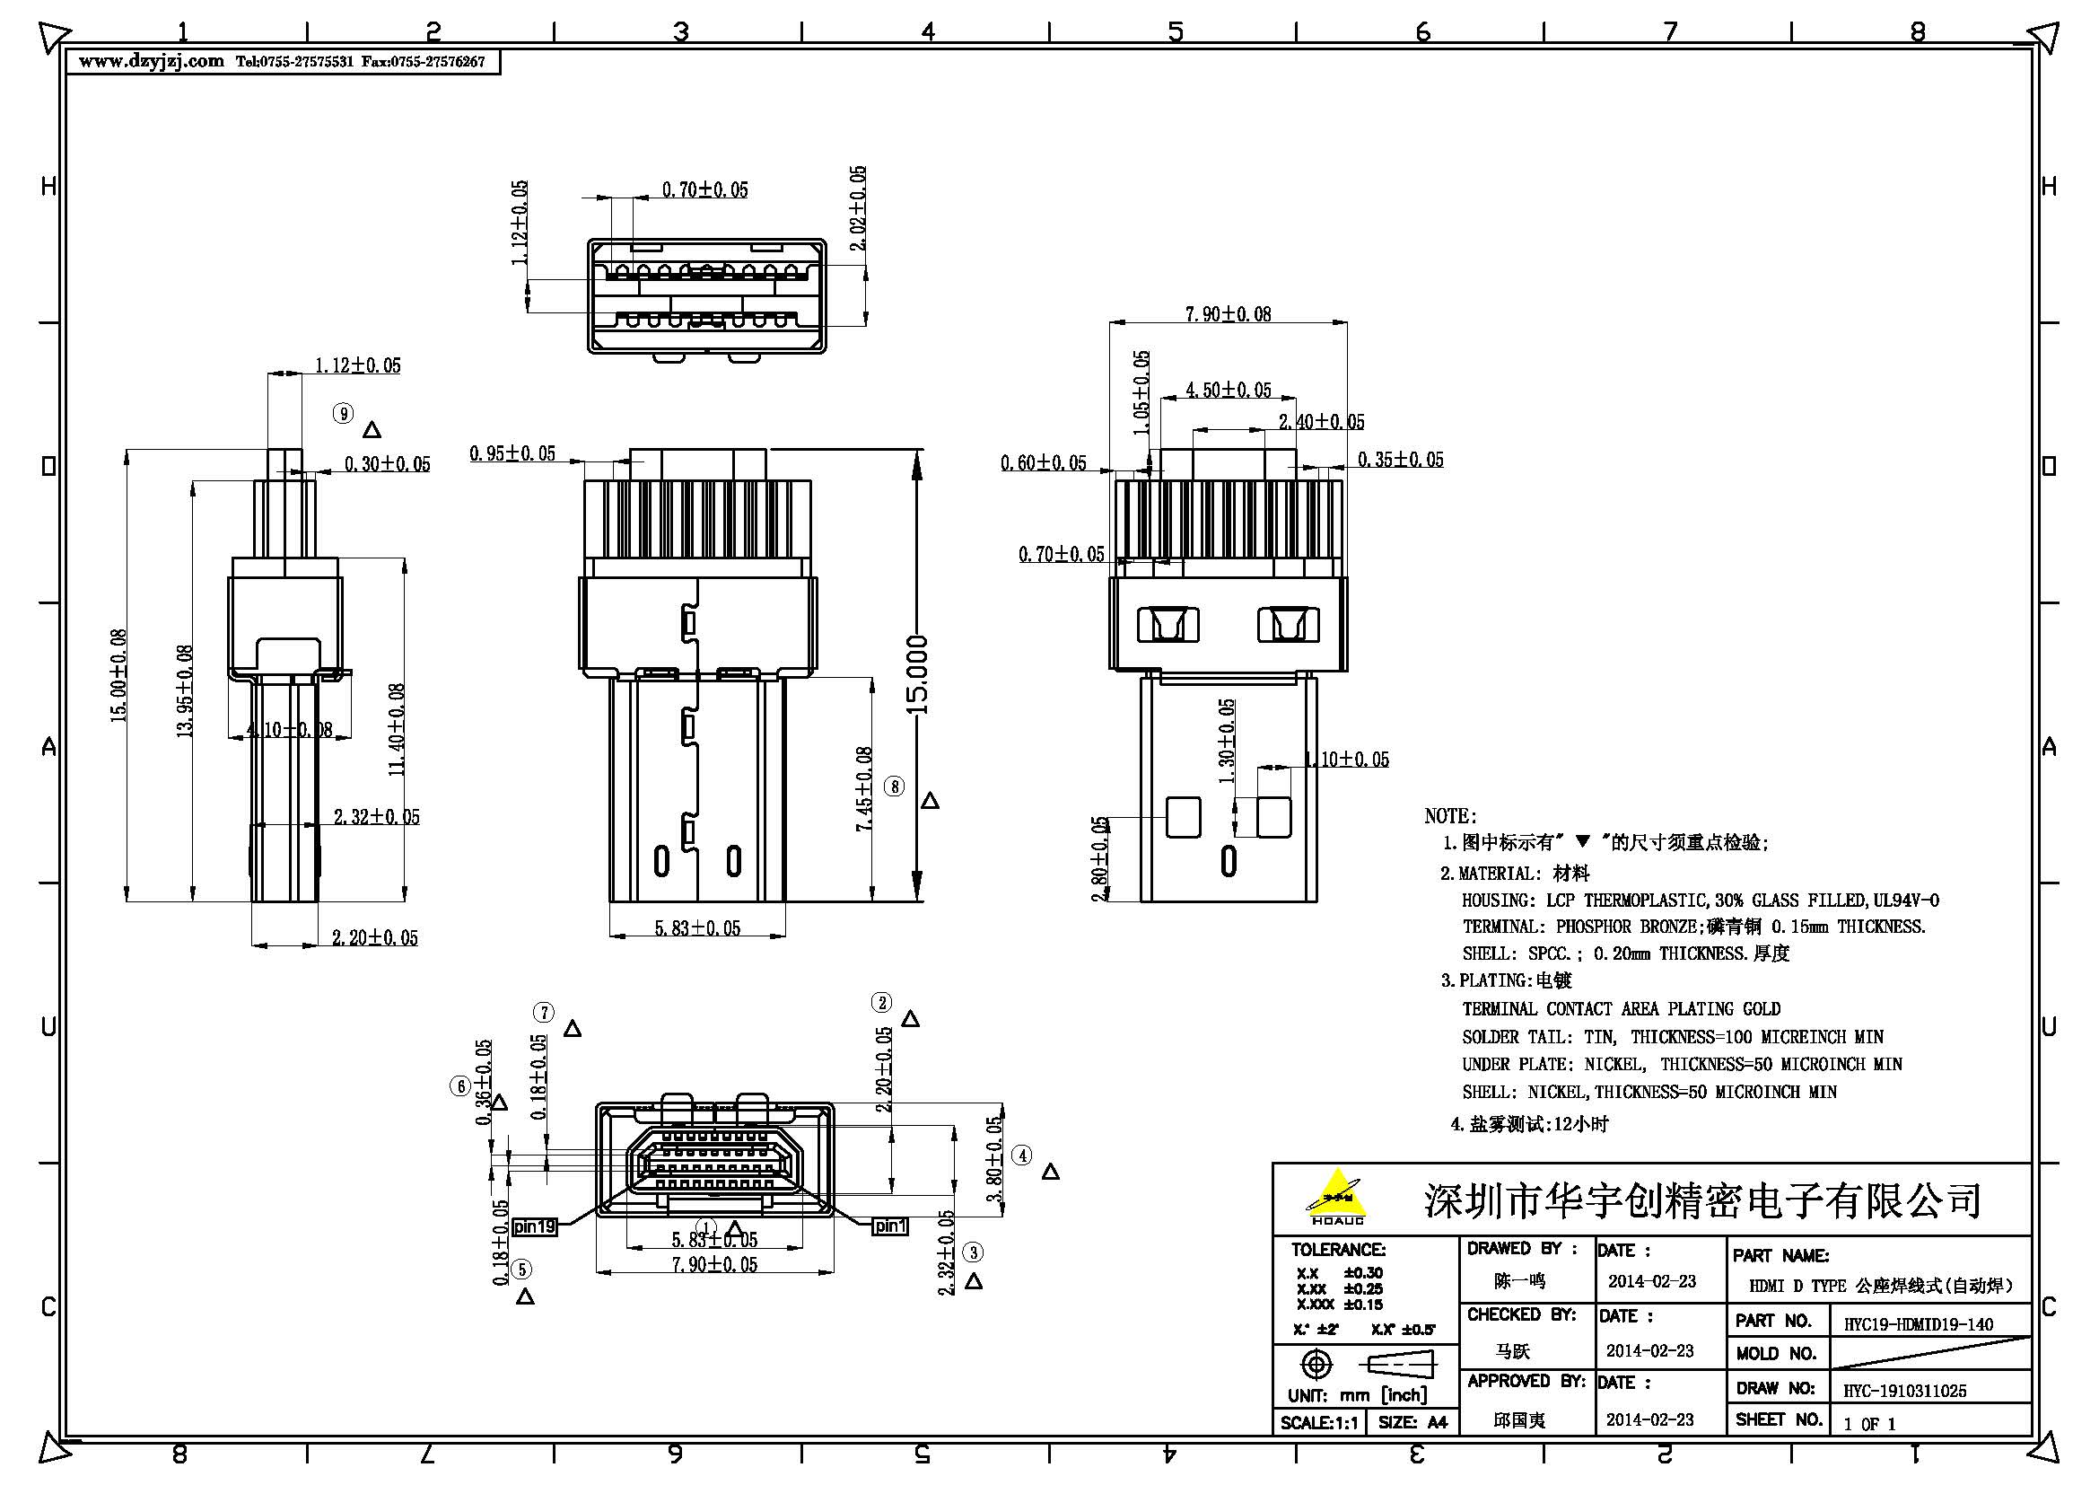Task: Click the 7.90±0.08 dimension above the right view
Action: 1227,313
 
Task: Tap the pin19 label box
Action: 535,1226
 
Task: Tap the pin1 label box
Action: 889,1226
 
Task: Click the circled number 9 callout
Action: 343,414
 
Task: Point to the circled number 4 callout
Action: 1022,1155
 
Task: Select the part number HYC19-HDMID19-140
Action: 1918,1324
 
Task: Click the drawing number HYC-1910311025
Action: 1904,1391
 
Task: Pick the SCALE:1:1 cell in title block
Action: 1319,1423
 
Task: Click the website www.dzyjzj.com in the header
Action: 151,61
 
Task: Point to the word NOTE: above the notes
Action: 1450,815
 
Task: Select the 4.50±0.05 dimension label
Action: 1228,391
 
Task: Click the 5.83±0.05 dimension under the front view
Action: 696,928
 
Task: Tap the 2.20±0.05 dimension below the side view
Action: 374,937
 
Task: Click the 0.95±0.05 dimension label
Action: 512,453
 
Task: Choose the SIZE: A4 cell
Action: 1412,1423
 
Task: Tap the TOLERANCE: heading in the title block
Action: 1337,1249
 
